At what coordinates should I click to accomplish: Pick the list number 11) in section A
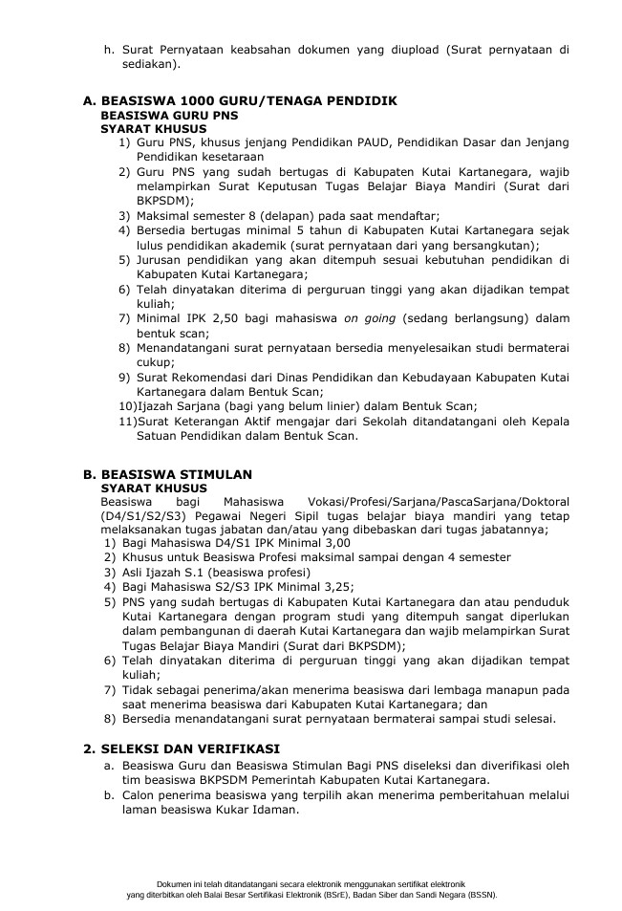(x=126, y=421)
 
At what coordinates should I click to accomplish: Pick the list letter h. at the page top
(x=108, y=50)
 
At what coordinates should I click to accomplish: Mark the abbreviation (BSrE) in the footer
(x=309, y=896)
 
